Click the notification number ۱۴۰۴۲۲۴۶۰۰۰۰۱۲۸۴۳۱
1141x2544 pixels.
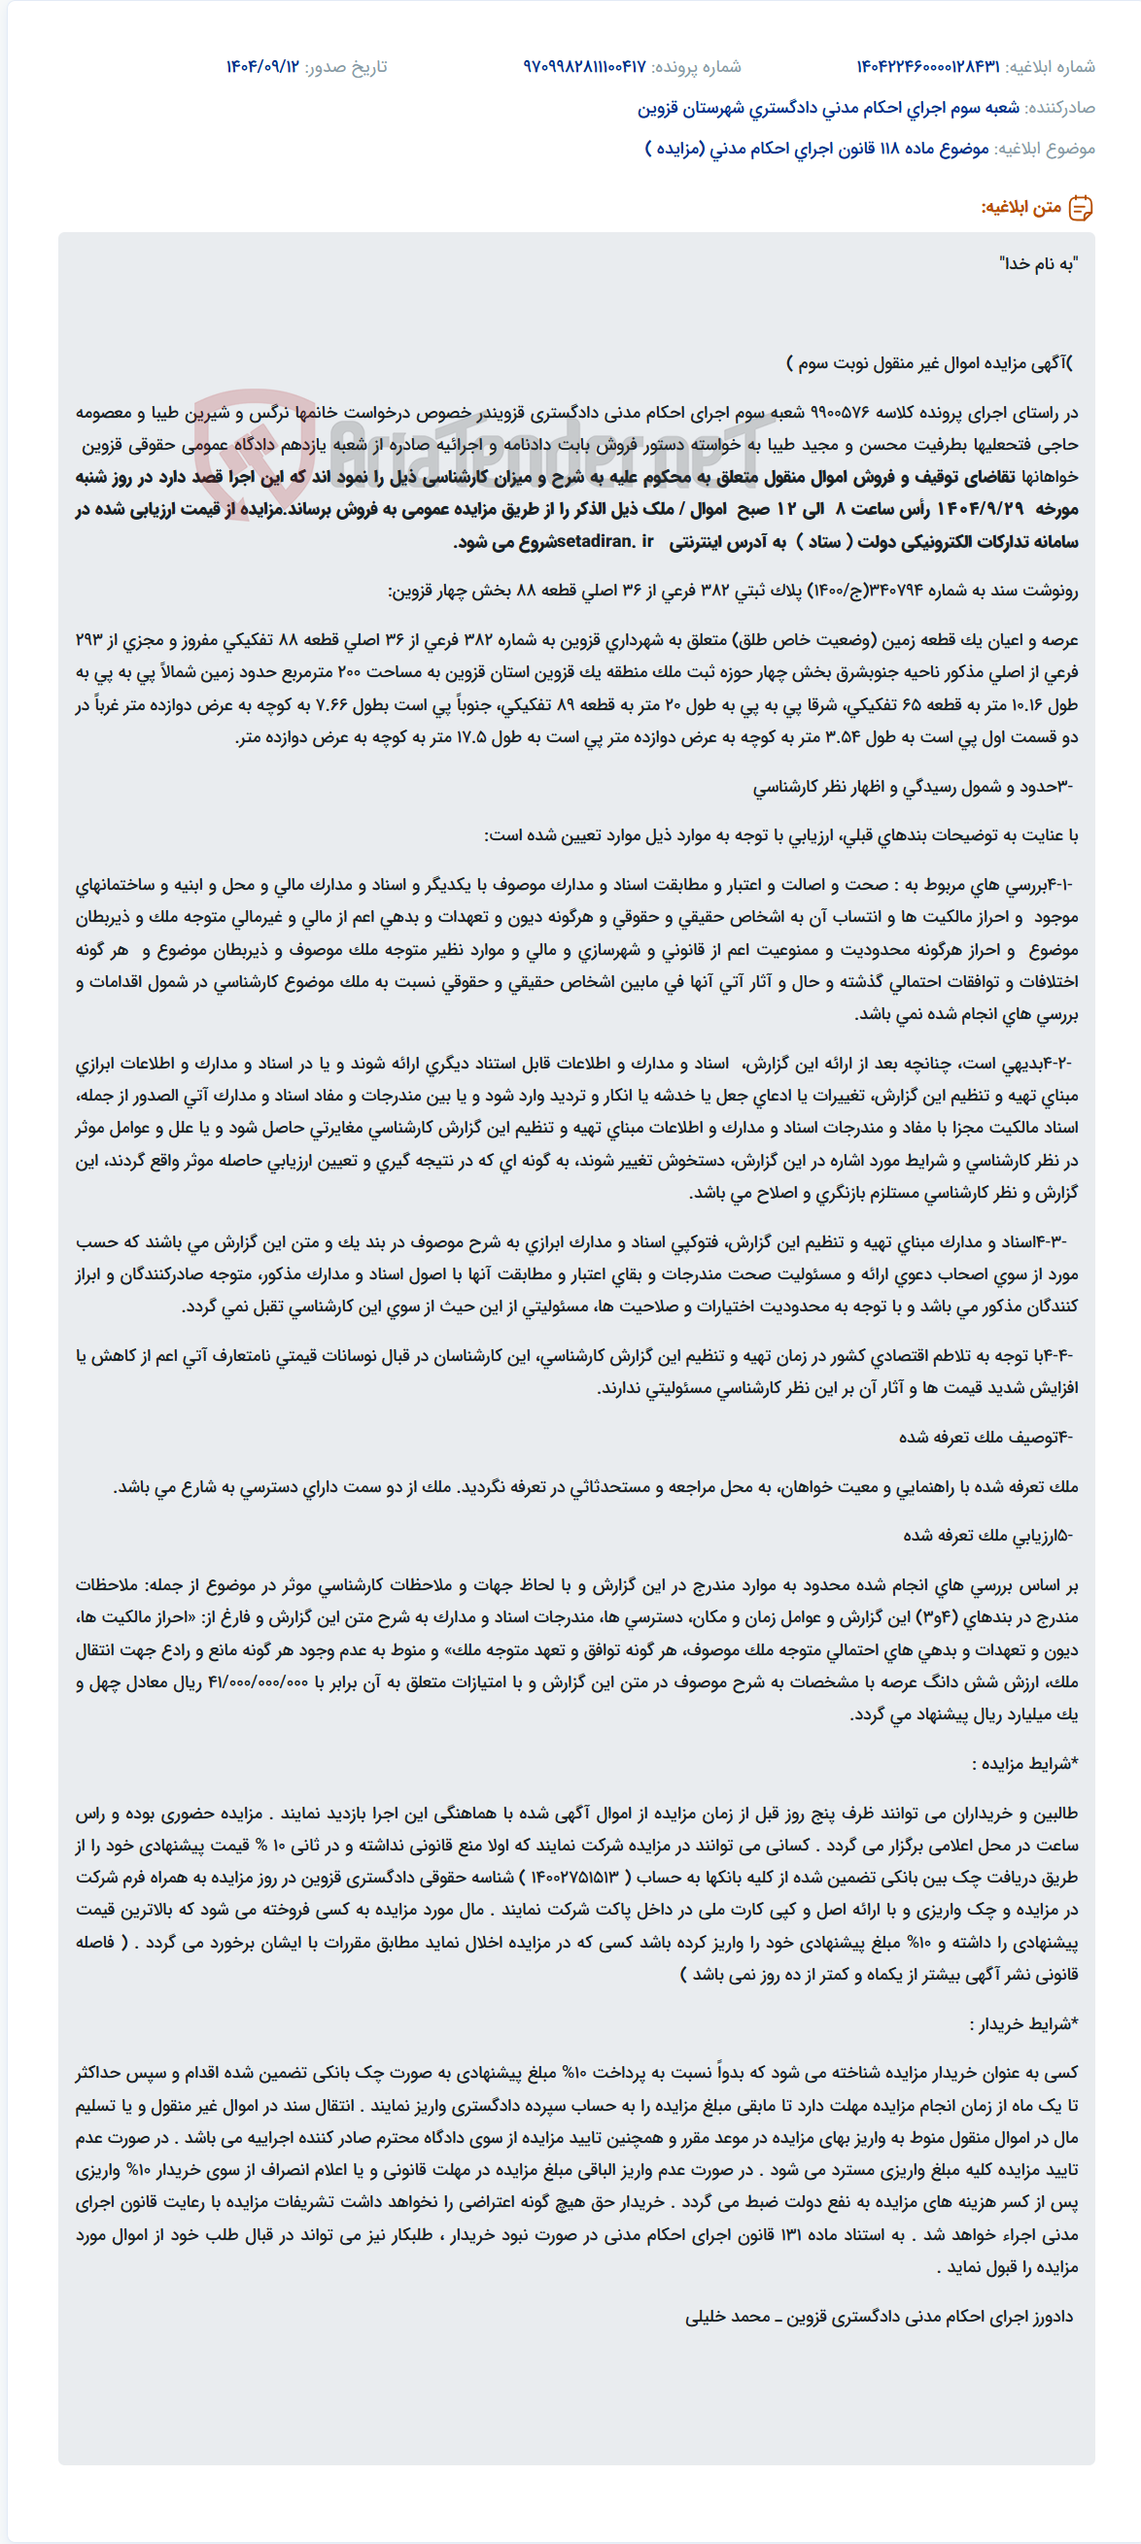point(927,66)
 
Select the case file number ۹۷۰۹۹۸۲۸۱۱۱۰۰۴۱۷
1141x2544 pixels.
point(584,66)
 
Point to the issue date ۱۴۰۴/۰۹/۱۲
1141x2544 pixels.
point(261,66)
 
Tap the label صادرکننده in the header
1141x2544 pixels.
point(1061,108)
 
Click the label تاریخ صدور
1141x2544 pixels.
point(346,66)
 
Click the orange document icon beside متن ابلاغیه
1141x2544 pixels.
point(1081,208)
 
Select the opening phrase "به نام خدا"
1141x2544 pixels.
point(1038,263)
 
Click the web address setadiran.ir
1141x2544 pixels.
point(605,541)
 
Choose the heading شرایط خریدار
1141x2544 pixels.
point(1023,2023)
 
